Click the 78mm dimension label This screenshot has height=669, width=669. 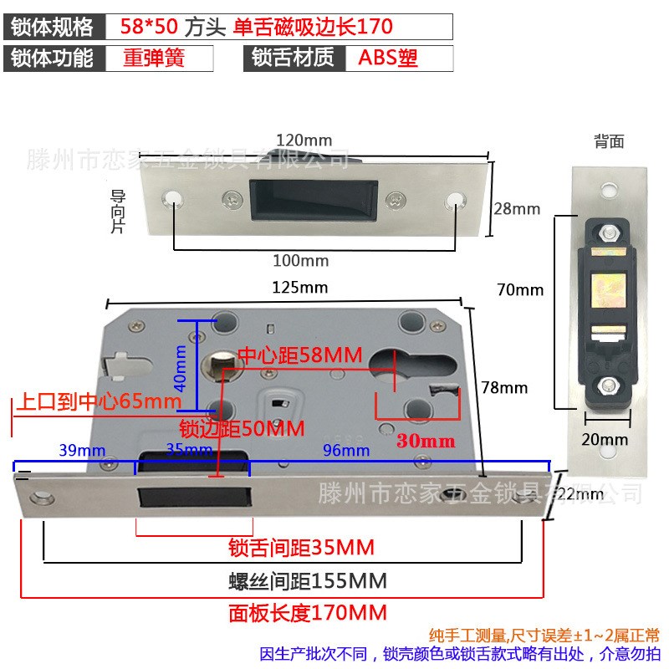[505, 387]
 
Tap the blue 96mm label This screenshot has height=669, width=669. [345, 451]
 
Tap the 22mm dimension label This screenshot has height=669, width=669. [580, 494]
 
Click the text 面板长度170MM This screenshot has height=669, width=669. [308, 613]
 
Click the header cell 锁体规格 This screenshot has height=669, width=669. [53, 27]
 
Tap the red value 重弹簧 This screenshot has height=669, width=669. [153, 59]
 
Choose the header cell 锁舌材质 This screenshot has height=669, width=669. [293, 59]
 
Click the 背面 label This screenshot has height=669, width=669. [609, 141]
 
